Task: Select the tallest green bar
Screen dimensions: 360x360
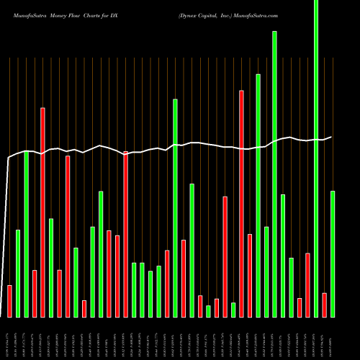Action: pyautogui.click(x=316, y=158)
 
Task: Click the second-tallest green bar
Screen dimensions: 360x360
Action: pyautogui.click(x=274, y=174)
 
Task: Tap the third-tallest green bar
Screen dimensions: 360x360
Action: pyautogui.click(x=258, y=195)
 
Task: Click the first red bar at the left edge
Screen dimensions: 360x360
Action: pyautogui.click(x=9, y=301)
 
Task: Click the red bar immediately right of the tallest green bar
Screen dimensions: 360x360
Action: pyautogui.click(x=325, y=305)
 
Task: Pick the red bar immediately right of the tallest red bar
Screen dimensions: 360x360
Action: pyautogui.click(x=250, y=275)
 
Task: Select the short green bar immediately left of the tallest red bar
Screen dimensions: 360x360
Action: pyautogui.click(x=233, y=310)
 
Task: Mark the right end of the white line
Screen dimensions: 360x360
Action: pyautogui.click(x=331, y=137)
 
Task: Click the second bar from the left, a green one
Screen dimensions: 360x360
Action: pyautogui.click(x=18, y=273)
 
